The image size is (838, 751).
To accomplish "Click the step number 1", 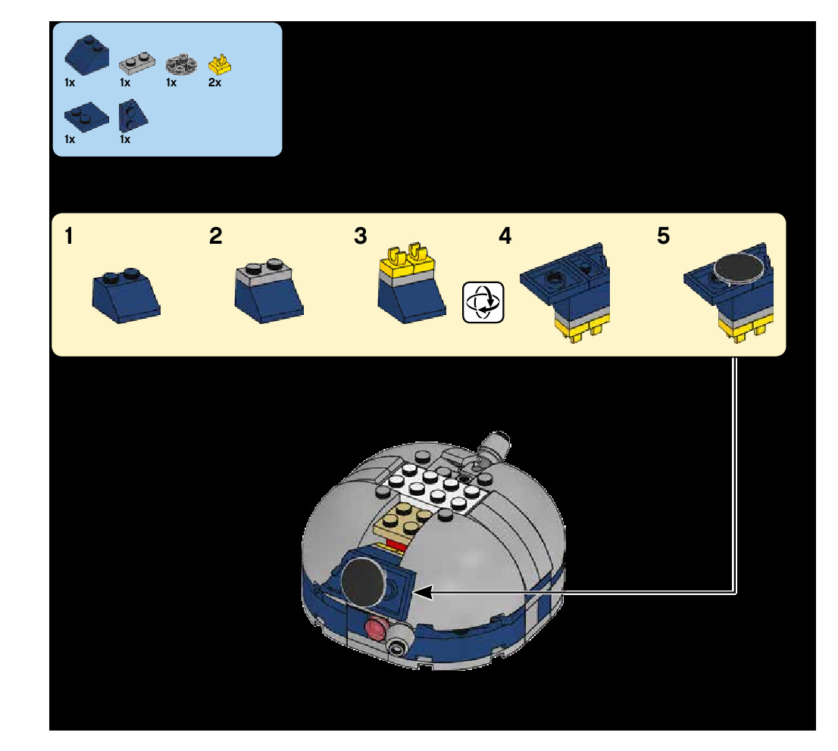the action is click(69, 237).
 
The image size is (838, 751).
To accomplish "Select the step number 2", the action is click(216, 237).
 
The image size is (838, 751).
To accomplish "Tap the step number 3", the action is click(360, 237).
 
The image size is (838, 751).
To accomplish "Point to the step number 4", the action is click(505, 237).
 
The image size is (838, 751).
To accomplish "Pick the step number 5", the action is click(663, 237).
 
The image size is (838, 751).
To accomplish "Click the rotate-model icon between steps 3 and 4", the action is click(483, 302).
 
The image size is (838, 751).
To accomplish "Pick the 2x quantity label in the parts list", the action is click(215, 83).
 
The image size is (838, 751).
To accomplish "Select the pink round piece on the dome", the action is click(374, 628).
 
